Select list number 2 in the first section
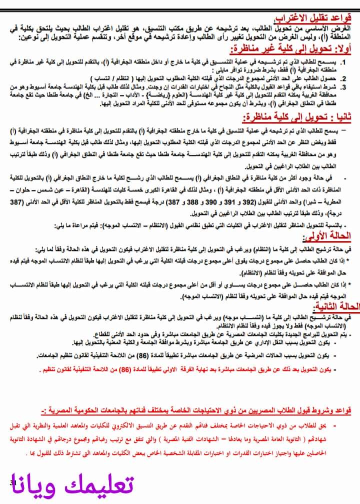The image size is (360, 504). [349, 78]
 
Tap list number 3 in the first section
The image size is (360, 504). [349, 86]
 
